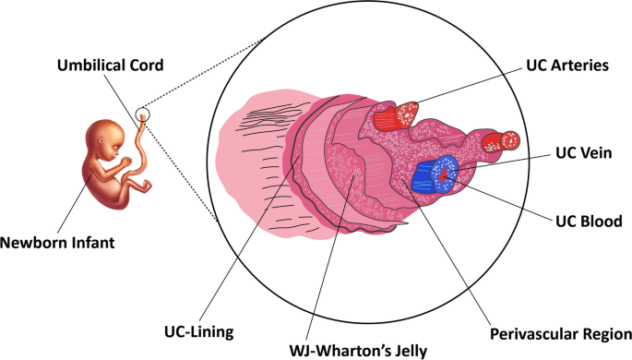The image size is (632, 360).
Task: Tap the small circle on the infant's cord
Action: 141,115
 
